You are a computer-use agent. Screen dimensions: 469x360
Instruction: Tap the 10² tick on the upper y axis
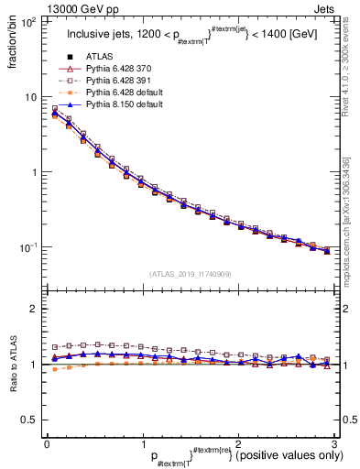30,21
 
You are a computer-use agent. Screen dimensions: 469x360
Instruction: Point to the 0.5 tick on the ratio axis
33,420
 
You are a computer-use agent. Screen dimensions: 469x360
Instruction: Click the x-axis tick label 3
334,443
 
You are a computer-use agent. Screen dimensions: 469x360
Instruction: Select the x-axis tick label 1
142,443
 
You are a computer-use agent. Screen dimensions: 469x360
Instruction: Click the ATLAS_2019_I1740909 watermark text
190,273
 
